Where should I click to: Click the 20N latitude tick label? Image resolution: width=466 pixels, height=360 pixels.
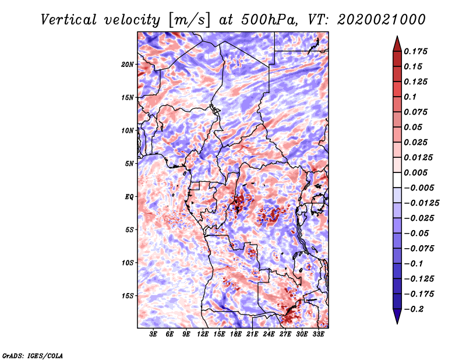(127, 65)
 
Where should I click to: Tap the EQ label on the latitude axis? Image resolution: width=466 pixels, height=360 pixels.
(129, 197)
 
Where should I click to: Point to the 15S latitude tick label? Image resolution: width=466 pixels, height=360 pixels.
(127, 296)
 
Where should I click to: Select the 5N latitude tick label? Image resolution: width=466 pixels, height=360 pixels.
(129, 164)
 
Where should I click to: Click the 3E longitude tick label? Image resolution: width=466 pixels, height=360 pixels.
(153, 334)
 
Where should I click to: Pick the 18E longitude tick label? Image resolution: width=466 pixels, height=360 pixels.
(236, 334)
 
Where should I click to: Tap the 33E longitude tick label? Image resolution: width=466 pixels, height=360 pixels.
(318, 334)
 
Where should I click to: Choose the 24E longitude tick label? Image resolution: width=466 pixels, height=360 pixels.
(269, 334)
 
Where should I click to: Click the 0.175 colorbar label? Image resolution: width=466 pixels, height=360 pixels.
(415, 51)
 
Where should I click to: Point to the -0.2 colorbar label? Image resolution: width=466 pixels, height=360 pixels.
(414, 309)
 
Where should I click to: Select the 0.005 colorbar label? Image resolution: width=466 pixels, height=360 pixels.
(415, 172)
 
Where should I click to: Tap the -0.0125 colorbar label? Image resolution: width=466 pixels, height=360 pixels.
(421, 203)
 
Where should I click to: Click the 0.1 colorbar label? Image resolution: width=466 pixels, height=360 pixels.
(410, 97)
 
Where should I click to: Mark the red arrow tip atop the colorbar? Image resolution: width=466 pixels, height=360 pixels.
(397, 36)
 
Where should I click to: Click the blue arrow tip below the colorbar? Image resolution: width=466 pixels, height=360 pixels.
(397, 323)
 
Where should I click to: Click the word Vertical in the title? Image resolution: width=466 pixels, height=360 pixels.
(69, 20)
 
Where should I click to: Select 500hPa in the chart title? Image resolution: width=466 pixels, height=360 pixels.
(269, 20)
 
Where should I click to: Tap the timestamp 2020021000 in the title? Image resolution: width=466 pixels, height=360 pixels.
(382, 20)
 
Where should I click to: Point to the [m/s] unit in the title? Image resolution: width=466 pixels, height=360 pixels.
(189, 20)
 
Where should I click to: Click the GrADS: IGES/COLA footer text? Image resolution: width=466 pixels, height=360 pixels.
(33, 355)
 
